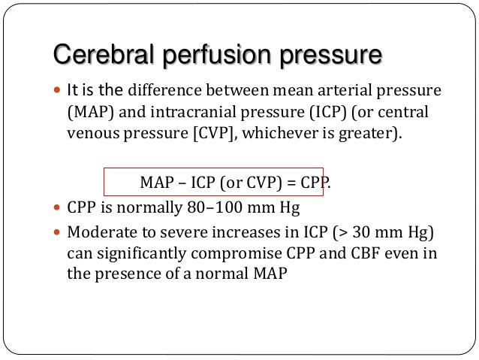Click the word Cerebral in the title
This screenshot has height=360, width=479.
101,56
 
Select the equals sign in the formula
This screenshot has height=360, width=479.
293,182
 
